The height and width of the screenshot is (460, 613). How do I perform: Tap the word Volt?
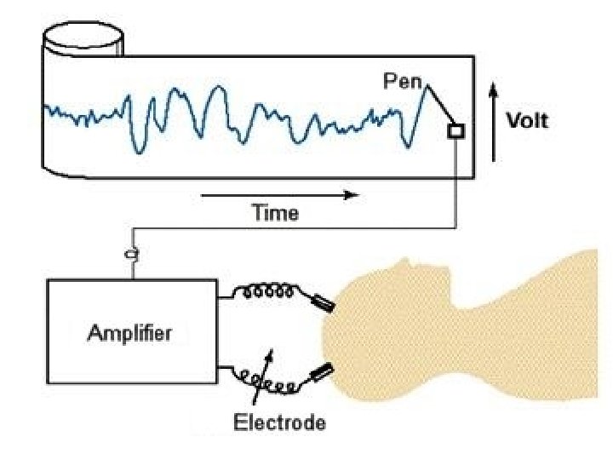coord(529,120)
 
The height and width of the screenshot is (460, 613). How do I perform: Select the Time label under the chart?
coord(275,214)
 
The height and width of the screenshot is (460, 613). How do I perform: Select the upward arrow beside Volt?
coord(494,119)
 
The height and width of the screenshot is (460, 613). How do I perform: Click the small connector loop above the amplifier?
coord(132,253)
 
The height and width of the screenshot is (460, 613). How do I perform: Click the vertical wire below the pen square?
coord(457,183)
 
